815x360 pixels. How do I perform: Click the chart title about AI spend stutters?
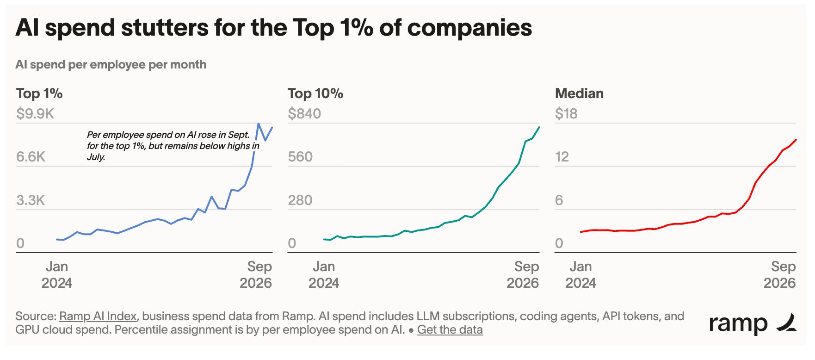pos(274,28)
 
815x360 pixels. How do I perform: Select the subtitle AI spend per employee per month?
pos(111,64)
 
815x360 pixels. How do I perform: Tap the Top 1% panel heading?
pos(39,93)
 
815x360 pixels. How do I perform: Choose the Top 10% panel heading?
pos(315,93)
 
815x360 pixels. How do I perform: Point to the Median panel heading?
pos(579,93)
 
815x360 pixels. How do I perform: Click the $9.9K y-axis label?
pos(35,114)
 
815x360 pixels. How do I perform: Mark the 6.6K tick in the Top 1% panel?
pos(31,157)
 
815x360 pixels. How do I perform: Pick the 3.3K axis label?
pos(31,200)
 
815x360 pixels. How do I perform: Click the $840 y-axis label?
pos(304,114)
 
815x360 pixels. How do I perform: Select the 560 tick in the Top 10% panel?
pos(300,157)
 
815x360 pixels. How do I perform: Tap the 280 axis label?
pos(300,200)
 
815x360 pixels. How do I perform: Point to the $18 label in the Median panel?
pos(566,114)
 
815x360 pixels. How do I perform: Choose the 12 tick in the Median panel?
pos(562,157)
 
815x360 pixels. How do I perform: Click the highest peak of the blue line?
pos(259,124)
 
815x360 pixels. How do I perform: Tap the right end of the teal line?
pos(539,127)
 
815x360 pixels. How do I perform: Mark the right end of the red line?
pos(796,140)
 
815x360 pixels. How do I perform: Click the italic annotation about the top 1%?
pos(173,146)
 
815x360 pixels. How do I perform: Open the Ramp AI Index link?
pos(98,317)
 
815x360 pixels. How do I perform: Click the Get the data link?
pos(450,330)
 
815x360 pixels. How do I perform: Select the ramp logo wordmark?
pos(738,323)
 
